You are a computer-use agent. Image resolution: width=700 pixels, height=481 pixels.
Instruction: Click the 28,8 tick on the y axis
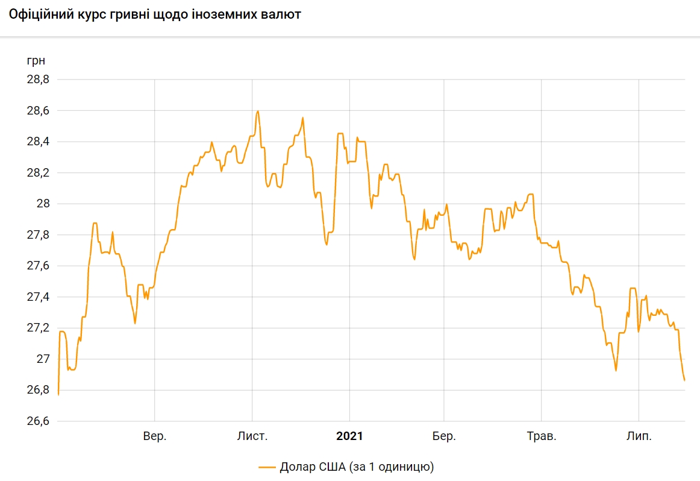pyautogui.click(x=37, y=80)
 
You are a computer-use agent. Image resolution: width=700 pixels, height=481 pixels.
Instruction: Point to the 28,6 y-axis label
pyautogui.click(x=37, y=111)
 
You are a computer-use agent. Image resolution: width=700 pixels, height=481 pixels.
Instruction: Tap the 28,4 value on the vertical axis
pyautogui.click(x=37, y=142)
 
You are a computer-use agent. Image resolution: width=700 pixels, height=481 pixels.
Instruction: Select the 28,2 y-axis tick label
pyautogui.click(x=37, y=173)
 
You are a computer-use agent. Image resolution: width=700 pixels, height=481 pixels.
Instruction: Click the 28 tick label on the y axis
pyautogui.click(x=43, y=204)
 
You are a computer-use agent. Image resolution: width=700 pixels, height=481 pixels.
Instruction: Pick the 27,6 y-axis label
pyautogui.click(x=37, y=266)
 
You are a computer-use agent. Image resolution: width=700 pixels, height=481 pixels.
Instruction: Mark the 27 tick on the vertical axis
pyautogui.click(x=43, y=359)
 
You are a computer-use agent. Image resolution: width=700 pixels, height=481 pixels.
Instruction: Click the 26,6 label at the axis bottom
pyautogui.click(x=37, y=421)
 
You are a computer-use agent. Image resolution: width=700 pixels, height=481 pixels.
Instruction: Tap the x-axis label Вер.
pyautogui.click(x=155, y=436)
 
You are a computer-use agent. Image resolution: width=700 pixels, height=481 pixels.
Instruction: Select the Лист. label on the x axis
pyautogui.click(x=252, y=436)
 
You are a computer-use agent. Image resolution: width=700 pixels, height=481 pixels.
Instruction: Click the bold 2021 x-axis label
pyautogui.click(x=349, y=436)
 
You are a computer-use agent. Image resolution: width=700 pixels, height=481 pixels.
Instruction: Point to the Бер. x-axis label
pyautogui.click(x=444, y=436)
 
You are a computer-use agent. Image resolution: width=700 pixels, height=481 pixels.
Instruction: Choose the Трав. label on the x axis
pyautogui.click(x=541, y=436)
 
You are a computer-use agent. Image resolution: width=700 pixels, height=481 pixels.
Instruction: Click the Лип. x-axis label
pyautogui.click(x=639, y=436)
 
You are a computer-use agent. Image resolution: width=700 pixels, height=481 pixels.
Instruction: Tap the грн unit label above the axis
pyautogui.click(x=36, y=60)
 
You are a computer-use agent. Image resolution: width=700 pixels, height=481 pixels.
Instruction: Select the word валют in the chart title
pyautogui.click(x=280, y=14)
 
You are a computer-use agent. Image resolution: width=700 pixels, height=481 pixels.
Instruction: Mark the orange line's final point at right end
pyautogui.click(x=685, y=380)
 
